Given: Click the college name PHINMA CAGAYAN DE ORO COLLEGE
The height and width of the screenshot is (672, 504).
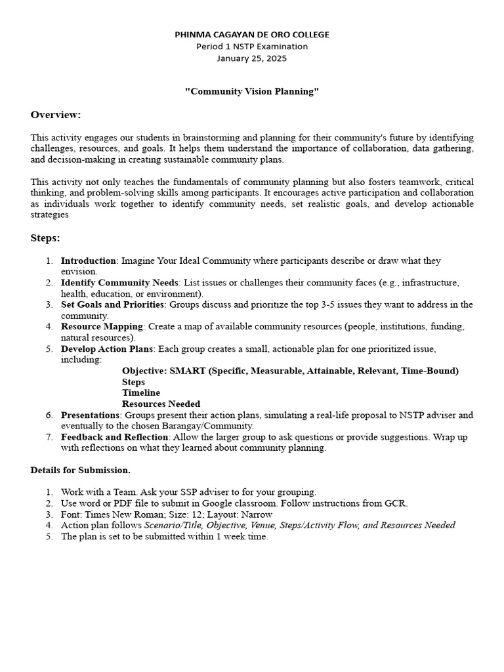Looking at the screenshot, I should (252, 34).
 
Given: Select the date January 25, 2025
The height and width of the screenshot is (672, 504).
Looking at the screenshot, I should (252, 58).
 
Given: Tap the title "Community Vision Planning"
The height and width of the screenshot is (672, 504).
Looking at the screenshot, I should (252, 91).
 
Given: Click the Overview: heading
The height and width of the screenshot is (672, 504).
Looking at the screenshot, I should (56, 115).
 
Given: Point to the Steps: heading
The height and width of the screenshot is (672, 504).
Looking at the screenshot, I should (45, 238).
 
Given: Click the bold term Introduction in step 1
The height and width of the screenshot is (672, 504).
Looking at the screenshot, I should (89, 261).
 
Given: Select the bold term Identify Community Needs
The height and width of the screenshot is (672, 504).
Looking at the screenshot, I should (119, 283).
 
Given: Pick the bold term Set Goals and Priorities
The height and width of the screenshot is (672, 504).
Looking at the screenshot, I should (112, 304).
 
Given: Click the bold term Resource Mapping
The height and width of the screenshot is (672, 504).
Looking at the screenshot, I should (102, 326).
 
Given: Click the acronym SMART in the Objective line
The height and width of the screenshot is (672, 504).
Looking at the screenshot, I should (187, 371).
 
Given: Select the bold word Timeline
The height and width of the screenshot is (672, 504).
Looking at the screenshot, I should (140, 392).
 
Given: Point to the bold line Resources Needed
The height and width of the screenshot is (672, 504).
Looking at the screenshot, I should (161, 404).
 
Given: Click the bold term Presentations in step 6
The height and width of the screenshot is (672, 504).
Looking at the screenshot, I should (91, 415).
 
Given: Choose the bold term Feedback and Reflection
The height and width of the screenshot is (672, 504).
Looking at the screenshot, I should (115, 437).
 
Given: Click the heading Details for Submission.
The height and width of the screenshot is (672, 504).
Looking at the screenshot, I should (81, 470).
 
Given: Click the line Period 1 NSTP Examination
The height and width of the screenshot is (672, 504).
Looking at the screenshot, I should (252, 47).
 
